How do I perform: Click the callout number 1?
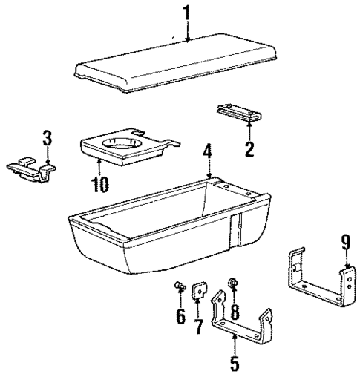point(187,13)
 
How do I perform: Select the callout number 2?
point(249,149)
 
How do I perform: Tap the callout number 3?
point(47,137)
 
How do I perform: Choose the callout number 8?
point(236,312)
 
